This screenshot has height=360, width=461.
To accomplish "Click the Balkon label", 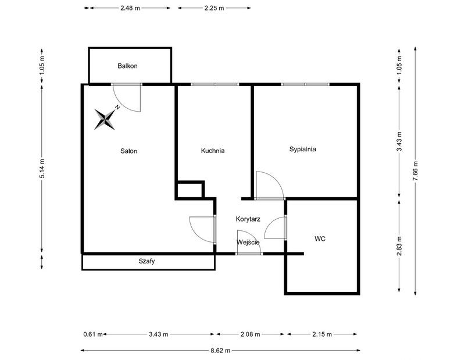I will pos(127,66).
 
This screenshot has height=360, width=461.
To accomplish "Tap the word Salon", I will pos(128,151).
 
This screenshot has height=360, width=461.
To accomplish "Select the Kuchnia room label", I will pos(213,151).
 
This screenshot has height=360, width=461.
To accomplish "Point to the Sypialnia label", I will pos(302,149).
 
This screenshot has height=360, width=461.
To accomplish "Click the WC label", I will pos(320,238).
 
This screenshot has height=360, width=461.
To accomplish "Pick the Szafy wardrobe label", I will pos(146,262).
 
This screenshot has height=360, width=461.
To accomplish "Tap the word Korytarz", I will pos(248,219).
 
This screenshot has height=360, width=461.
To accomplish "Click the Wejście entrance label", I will pos(248,242).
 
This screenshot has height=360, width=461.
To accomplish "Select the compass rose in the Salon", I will pos(106,119).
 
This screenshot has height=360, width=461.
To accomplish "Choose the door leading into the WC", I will pos(276,228).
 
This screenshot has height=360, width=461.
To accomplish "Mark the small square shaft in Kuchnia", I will pos(190,190).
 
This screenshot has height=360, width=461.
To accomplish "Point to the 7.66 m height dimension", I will pos(414,171).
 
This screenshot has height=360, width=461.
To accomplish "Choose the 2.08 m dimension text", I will pos(251,334).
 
